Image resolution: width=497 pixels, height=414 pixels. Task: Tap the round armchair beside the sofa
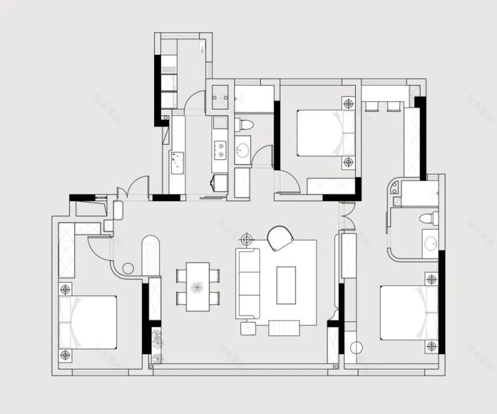pos(280,238)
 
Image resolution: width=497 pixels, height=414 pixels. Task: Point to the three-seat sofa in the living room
pos(247,283)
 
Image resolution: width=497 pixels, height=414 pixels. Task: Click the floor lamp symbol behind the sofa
pos(246,240)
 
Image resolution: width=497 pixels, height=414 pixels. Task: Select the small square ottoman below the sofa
pos(247,328)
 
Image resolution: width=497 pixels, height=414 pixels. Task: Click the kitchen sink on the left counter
pos(177,162)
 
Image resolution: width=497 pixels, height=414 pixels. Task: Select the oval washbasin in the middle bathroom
pos(243,150)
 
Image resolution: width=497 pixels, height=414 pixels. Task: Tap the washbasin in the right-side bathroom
pos(430,244)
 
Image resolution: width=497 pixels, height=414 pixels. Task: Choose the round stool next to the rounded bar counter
pos(128,268)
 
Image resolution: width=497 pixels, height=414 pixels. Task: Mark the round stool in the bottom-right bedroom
pos(355,348)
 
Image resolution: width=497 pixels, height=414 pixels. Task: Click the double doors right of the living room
pos(347,216)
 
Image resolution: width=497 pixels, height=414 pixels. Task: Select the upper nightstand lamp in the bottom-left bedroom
pos(66,289)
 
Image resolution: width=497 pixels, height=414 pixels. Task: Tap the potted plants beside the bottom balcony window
pos(156,345)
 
